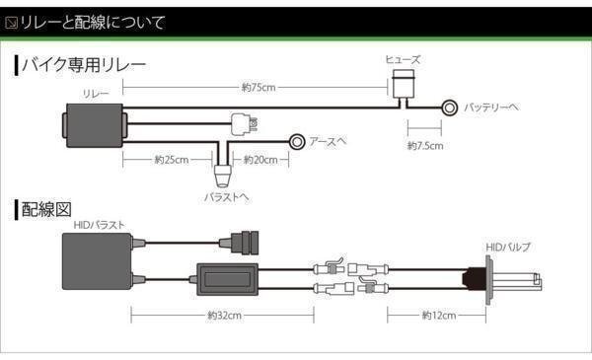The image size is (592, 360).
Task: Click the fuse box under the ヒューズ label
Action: [404, 84]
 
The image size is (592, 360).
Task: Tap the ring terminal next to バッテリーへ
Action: [450, 108]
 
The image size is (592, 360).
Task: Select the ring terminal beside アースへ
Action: [297, 142]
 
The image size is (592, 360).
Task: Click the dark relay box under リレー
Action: [95, 125]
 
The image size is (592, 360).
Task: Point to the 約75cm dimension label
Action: [259, 88]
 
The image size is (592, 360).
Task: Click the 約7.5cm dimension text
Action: [425, 146]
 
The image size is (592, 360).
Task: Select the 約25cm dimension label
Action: [172, 160]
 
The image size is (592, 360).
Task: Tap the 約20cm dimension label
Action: [260, 160]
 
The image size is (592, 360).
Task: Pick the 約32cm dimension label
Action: [224, 316]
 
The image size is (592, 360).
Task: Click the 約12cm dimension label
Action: [439, 316]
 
